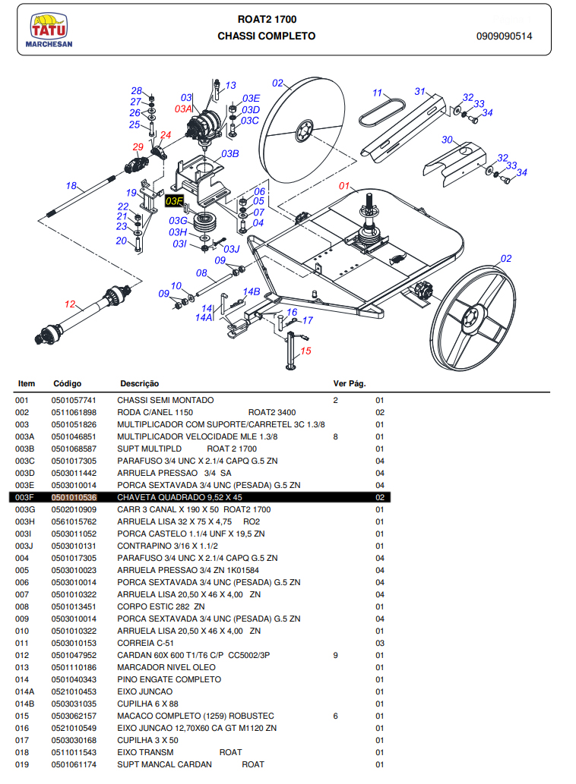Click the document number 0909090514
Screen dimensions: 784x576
pos(505,36)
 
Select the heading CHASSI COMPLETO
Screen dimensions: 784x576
pos(266,36)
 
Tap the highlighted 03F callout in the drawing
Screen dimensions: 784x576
pos(174,201)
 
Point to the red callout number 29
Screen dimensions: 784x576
pos(138,147)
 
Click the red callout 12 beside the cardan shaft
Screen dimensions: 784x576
pos(70,304)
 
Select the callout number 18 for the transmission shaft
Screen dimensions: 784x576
pos(71,186)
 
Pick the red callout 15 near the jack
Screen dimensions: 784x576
pos(305,351)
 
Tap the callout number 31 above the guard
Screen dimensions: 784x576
pos(419,92)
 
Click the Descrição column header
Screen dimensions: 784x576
pos(139,383)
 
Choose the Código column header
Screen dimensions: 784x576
pos(68,383)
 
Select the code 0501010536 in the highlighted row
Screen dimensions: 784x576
pos(74,497)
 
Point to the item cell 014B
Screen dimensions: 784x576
pos(25,704)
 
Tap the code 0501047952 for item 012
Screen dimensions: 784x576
pos(74,655)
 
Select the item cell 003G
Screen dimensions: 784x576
pos(25,509)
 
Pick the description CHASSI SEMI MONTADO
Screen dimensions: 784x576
pos(165,400)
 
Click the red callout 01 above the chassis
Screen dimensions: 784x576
pos(344,185)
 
